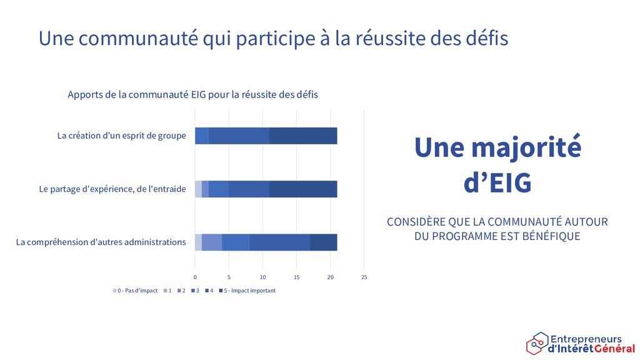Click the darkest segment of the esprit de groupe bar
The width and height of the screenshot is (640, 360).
tap(303, 136)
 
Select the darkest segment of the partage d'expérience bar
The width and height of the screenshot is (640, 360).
tap(303, 189)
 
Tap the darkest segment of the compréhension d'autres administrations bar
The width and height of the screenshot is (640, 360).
tap(324, 242)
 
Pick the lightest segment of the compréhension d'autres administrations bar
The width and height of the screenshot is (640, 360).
tap(198, 242)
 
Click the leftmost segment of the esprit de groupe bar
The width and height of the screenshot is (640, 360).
tap(202, 136)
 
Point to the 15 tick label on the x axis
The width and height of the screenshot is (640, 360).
tap(297, 277)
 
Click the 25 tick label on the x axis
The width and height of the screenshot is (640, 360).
tap(364, 277)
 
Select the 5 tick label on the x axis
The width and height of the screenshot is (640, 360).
tap(229, 277)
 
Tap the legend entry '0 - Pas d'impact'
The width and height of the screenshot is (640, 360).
tap(135, 291)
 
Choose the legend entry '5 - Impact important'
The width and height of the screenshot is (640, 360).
tap(247, 291)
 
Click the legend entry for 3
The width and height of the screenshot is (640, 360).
tap(195, 291)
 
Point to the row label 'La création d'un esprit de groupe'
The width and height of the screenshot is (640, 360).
tap(122, 136)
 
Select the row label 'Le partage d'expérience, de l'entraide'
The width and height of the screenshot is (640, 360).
tap(112, 189)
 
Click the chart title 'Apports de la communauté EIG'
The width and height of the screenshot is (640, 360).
tap(137, 95)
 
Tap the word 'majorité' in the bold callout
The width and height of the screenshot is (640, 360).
tap(526, 147)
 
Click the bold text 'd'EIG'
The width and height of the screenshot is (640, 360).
tap(497, 182)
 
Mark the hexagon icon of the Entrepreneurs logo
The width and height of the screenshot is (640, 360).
tap(537, 344)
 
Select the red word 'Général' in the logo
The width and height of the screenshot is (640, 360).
tap(614, 349)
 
